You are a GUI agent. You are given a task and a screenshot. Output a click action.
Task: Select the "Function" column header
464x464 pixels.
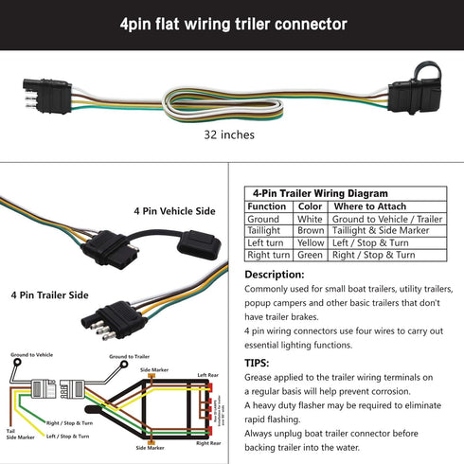point(266,206)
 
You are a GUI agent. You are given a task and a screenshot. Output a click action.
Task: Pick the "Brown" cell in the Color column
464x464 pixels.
point(311,231)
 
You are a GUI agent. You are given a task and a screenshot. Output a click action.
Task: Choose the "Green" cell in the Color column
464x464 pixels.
point(311,255)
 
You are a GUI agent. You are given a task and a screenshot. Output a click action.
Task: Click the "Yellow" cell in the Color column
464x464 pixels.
point(311,243)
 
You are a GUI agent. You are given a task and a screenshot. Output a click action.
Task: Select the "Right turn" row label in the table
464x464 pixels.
point(269,255)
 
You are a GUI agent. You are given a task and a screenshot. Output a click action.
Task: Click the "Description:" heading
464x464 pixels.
point(274,275)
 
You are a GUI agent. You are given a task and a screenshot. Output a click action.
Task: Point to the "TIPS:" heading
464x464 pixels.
point(257,362)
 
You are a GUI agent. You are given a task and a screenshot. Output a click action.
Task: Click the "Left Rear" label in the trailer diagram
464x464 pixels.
point(209,376)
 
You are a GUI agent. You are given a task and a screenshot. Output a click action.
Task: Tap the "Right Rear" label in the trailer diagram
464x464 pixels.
point(209,442)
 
